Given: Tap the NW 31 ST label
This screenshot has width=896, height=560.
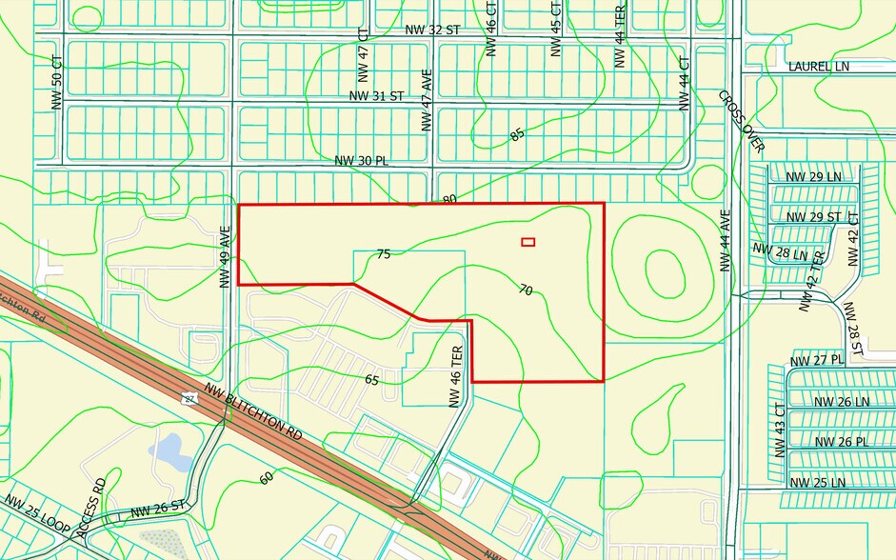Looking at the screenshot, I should (377, 96).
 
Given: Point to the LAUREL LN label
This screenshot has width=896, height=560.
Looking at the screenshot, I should (818, 67).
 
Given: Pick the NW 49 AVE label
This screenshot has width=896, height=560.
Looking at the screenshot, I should (226, 256).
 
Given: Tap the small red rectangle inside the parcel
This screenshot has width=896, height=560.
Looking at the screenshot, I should (528, 242).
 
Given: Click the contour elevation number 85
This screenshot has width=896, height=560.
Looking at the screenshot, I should (517, 135).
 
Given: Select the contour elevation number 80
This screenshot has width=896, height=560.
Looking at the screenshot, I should (450, 200).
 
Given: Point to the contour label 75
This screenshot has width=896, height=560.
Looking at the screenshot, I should (384, 254).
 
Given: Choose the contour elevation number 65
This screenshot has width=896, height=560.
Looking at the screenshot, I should (373, 379).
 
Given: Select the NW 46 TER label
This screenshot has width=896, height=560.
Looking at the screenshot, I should (456, 376).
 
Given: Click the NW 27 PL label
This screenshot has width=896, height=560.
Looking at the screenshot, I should (817, 360).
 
